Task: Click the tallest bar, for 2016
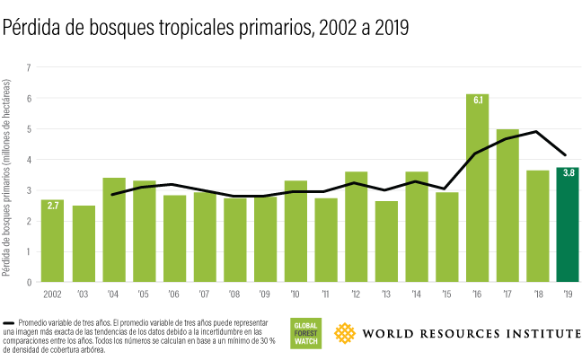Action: pos(477,189)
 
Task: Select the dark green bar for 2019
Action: pos(568,224)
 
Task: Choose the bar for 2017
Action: pos(507,206)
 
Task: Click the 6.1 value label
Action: pos(477,100)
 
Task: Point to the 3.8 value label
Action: pos(568,173)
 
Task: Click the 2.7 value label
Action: pos(53,206)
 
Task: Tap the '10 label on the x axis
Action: pos(295,293)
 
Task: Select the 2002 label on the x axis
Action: pos(52,293)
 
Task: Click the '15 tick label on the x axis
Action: pos(447,293)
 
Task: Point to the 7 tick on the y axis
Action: pos(29,67)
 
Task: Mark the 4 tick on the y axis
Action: pos(29,160)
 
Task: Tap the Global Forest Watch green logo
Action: pos(305,333)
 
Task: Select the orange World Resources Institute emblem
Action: pos(346,333)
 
